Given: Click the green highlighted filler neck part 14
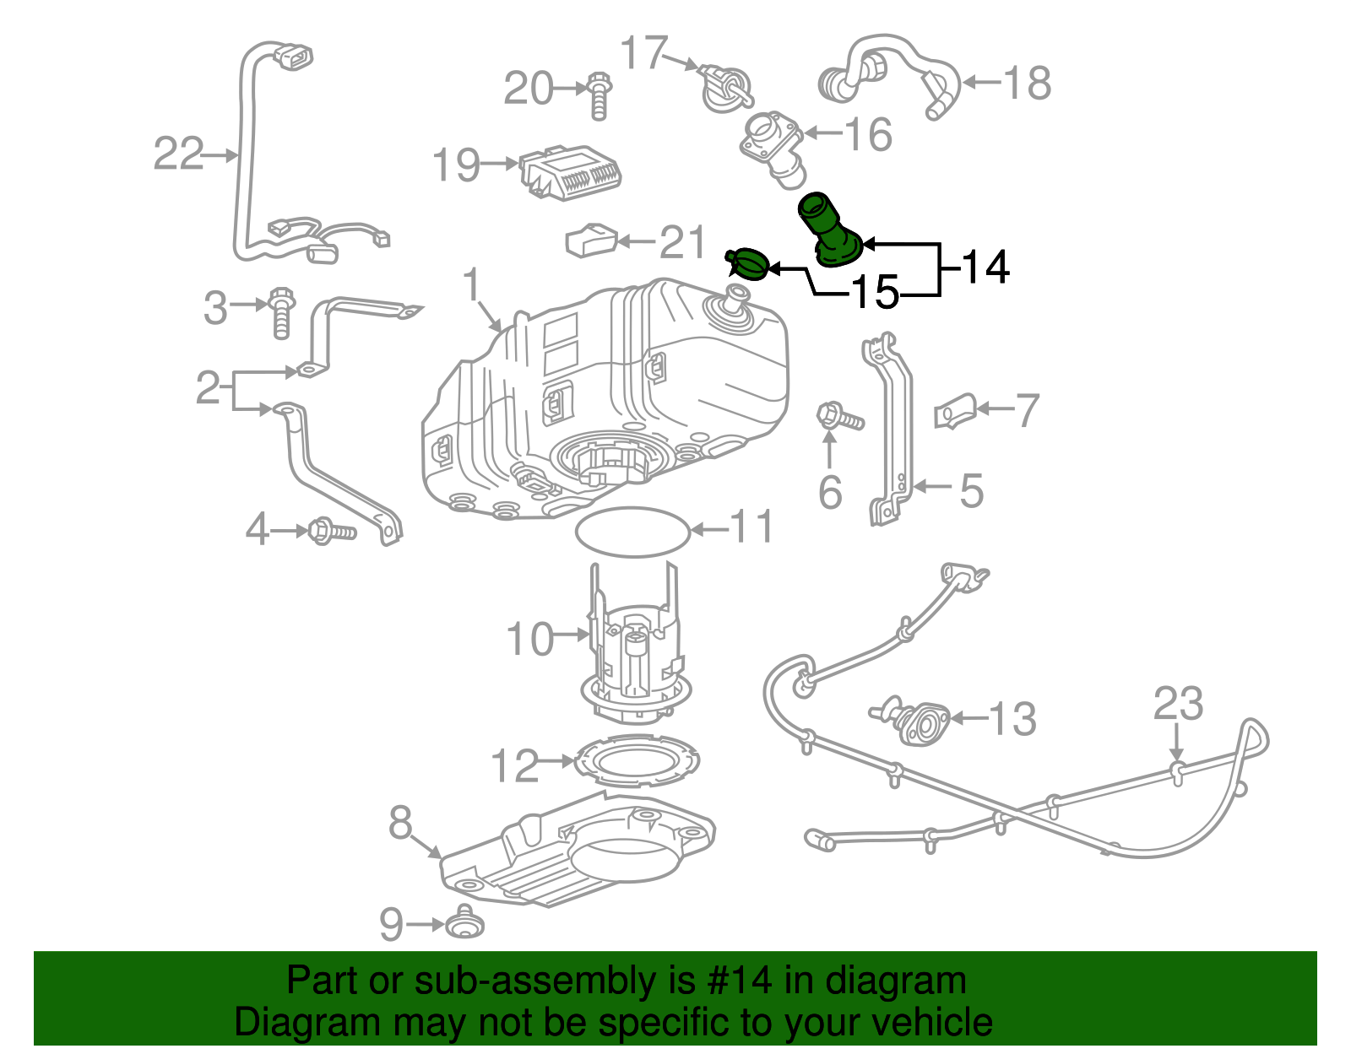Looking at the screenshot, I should click(829, 230).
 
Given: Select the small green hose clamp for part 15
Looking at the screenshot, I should click(746, 264).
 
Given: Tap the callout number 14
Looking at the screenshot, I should click(985, 267).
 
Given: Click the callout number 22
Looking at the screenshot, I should click(178, 154).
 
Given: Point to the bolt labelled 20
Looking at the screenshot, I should click(598, 95).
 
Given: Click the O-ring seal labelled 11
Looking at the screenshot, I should click(632, 532).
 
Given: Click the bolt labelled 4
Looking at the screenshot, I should click(333, 531).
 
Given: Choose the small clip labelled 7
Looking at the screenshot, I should click(955, 410).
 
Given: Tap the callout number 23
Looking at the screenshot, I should click(1178, 703).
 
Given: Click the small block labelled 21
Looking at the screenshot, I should click(590, 241).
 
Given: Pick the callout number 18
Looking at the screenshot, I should click(1027, 84).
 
